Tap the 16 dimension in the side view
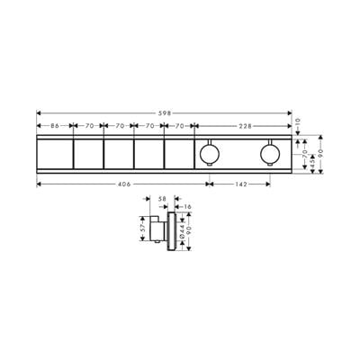coord(184,206)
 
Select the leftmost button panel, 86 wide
coord(54,156)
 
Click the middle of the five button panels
coord(118,156)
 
